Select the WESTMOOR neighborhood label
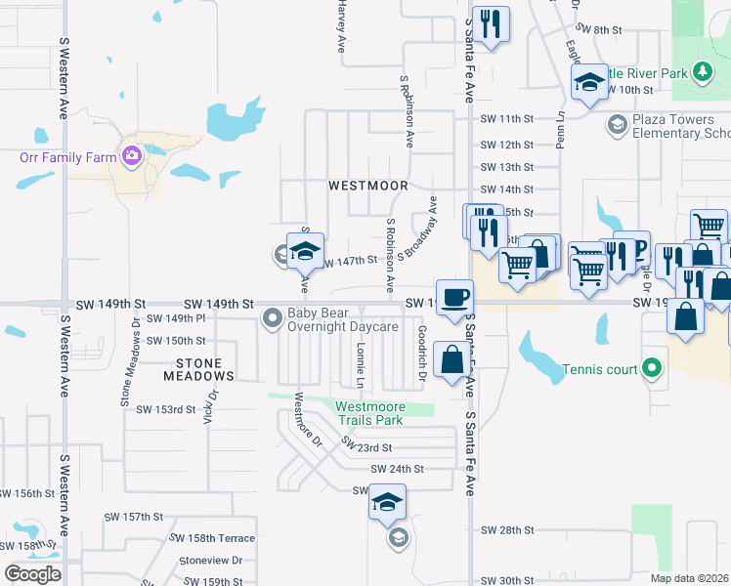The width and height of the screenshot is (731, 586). [367, 185]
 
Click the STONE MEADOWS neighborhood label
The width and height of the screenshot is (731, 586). [198, 369]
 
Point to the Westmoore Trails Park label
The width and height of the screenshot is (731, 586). [368, 413]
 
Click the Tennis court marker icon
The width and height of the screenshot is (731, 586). [654, 369]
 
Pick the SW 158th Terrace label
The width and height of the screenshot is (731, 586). [212, 538]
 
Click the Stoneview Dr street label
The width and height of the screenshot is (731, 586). [210, 561]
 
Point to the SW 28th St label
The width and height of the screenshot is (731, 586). [507, 530]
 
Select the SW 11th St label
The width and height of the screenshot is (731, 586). [507, 119]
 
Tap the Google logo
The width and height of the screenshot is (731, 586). [32, 574]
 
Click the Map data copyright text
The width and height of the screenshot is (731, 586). [690, 578]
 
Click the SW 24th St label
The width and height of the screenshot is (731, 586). [396, 469]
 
